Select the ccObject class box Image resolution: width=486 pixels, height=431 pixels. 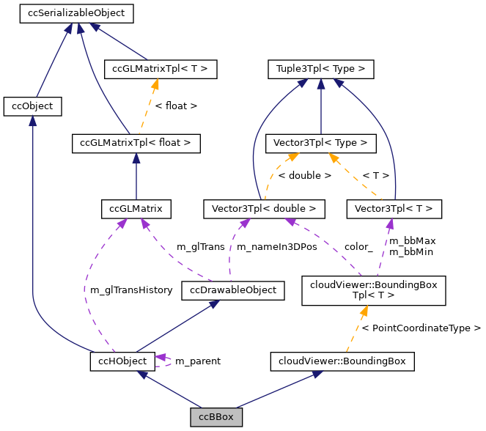(x=32, y=106)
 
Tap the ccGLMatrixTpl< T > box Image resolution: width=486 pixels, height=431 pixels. (x=161, y=70)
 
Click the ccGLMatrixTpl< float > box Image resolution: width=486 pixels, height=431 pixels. (x=136, y=143)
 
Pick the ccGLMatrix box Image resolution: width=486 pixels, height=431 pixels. (x=136, y=209)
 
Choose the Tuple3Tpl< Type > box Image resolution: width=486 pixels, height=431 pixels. (x=320, y=70)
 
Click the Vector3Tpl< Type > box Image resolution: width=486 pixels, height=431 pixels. (x=320, y=143)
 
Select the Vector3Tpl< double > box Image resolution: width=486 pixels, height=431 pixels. (x=263, y=209)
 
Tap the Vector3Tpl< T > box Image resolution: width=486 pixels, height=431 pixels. (x=394, y=209)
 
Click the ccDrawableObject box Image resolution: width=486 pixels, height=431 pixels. (x=232, y=290)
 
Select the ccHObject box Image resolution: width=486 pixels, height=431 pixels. (x=122, y=361)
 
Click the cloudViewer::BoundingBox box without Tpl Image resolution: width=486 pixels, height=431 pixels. (x=342, y=361)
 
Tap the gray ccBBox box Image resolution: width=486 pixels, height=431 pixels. (x=216, y=417)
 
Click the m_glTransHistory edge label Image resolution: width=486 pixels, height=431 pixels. (x=131, y=290)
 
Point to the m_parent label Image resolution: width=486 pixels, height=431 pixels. (x=197, y=361)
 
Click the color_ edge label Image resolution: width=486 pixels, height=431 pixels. (x=358, y=247)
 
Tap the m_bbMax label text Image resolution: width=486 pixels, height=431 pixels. (x=412, y=241)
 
